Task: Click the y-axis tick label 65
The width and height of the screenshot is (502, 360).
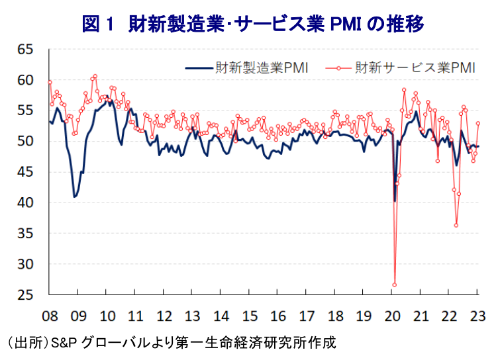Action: pos(25,50)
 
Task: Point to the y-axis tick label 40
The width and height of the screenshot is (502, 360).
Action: pos(25,202)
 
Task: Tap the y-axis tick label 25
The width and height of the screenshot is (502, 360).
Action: pos(25,294)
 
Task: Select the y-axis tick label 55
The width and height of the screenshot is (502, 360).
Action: pos(25,111)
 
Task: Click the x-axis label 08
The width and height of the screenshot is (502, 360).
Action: pos(50,316)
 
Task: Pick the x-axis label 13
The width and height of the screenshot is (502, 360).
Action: pos(193,316)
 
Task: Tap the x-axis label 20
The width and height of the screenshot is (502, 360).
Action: pos(392,316)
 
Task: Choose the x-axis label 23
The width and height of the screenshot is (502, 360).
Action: pos(478,316)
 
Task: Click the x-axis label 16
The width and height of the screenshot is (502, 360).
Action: pos(278,316)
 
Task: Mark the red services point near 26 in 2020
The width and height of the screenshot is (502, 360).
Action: pos(395,285)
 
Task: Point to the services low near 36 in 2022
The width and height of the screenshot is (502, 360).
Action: pos(456,225)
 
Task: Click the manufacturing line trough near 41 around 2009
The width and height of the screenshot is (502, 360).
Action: pos(75,197)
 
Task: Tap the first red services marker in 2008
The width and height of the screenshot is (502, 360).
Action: pos(50,82)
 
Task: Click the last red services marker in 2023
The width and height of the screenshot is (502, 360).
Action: pos(478,123)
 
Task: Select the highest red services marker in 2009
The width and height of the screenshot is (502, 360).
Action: pos(95,76)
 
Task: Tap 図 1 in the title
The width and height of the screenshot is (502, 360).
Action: pos(97,24)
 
